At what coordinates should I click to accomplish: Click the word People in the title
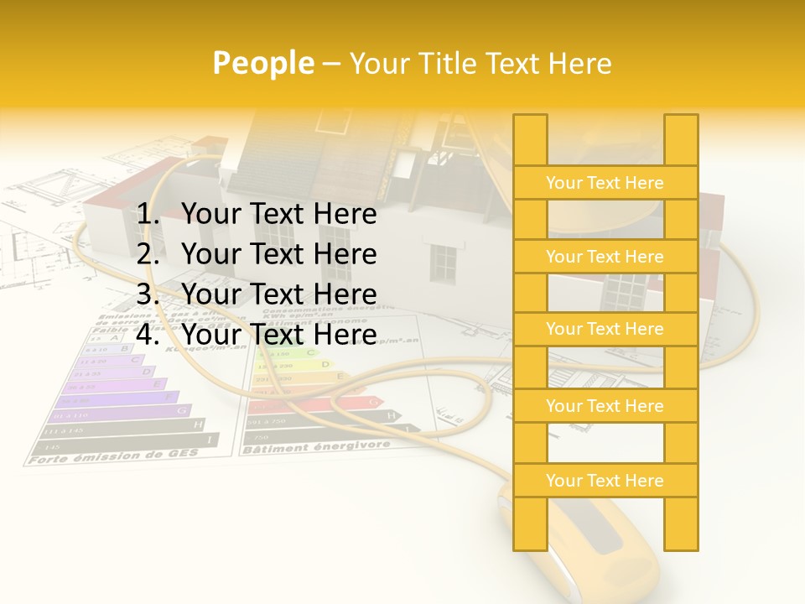point(263,63)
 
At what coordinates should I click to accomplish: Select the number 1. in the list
point(151,215)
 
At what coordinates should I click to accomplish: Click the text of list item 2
point(278,254)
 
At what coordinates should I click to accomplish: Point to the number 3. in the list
point(151,294)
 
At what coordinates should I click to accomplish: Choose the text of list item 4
point(278,335)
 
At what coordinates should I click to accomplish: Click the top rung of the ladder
point(605,183)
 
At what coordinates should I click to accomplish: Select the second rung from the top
point(605,257)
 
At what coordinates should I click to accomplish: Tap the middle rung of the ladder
point(605,330)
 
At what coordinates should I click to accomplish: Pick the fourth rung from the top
point(605,406)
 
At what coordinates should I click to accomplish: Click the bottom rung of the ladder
point(605,481)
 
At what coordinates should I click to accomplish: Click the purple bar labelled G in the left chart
point(117,411)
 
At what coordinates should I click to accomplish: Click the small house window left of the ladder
point(443,263)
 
